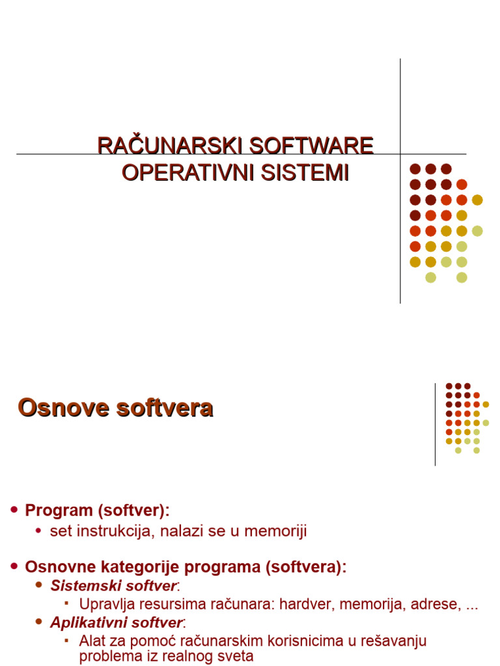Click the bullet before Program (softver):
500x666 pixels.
[15, 510]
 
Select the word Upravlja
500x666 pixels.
[105, 604]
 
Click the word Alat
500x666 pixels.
[92, 641]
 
